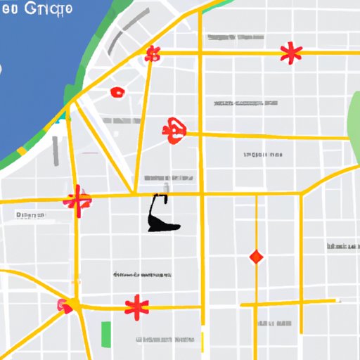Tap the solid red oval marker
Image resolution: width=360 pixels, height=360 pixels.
coord(117,92)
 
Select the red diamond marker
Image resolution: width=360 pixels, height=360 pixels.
coord(256,257)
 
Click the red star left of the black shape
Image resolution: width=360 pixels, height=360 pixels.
coord(77,201)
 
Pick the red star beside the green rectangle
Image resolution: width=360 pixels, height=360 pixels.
coord(136,307)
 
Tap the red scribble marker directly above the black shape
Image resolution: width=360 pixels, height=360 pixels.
coord(173,130)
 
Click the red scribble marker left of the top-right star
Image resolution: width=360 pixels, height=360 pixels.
coord(153,54)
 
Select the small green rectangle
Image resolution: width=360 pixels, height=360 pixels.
coord(107,333)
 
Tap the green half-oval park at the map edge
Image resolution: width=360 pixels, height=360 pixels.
coord(354,116)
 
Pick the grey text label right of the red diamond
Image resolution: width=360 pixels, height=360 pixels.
coord(342,246)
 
